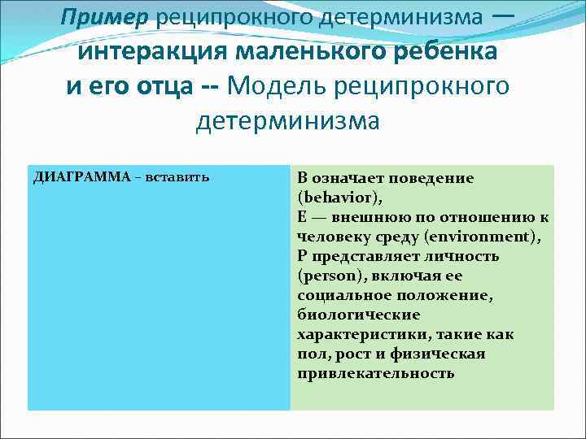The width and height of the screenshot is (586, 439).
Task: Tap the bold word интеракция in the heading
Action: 151,51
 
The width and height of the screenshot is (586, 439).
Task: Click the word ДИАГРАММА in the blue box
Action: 81,177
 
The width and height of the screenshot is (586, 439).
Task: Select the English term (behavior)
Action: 339,198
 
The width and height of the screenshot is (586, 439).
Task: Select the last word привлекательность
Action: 375,373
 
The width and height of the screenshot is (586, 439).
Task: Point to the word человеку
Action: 335,237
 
